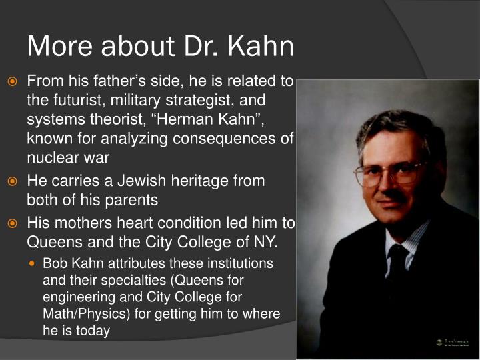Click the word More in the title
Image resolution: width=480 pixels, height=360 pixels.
(x=59, y=47)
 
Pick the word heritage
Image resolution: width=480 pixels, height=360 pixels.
(x=213, y=181)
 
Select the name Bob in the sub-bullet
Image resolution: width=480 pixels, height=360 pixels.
(x=55, y=263)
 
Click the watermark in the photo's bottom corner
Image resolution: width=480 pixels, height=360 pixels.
(x=453, y=342)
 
